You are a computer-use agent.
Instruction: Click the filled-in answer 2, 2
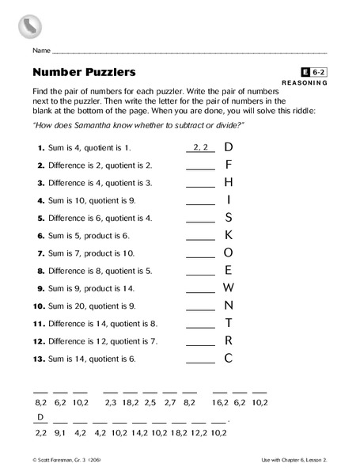click(x=200, y=147)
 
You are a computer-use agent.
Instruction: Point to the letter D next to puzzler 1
click(x=228, y=146)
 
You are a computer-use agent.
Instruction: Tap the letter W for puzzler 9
click(x=228, y=287)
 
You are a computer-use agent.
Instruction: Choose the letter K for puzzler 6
click(x=228, y=234)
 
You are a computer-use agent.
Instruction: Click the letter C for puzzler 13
click(x=228, y=357)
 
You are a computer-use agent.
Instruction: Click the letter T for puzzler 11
click(x=228, y=322)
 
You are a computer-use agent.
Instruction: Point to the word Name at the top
click(x=41, y=51)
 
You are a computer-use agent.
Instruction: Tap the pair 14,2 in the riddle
click(x=140, y=434)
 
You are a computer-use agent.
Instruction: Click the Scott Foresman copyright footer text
click(x=63, y=460)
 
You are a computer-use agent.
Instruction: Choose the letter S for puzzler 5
click(x=228, y=217)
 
